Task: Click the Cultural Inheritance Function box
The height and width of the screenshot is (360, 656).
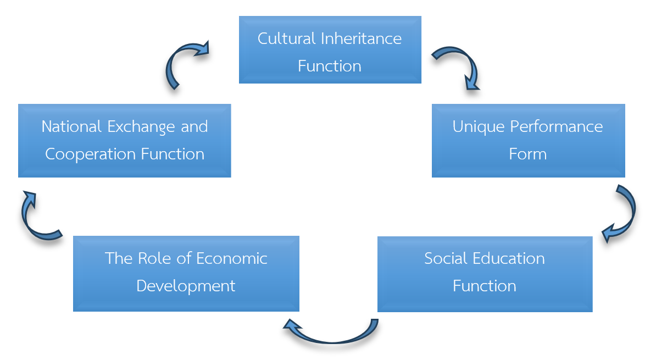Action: tap(330, 50)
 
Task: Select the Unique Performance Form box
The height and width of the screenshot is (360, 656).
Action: tap(528, 141)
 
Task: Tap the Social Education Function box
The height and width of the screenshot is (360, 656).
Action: tap(485, 274)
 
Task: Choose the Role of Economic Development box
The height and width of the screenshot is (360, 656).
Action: tap(186, 273)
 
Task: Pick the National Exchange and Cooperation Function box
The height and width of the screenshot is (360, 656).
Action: tap(124, 141)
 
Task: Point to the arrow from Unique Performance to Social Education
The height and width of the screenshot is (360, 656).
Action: tap(624, 214)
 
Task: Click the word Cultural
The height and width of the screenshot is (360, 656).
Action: tap(287, 38)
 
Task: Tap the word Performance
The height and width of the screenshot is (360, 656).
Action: tap(556, 126)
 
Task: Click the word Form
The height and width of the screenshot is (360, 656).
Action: tap(527, 154)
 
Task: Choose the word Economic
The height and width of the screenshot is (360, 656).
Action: tap(231, 258)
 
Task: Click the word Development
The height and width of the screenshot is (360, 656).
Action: tap(186, 286)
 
